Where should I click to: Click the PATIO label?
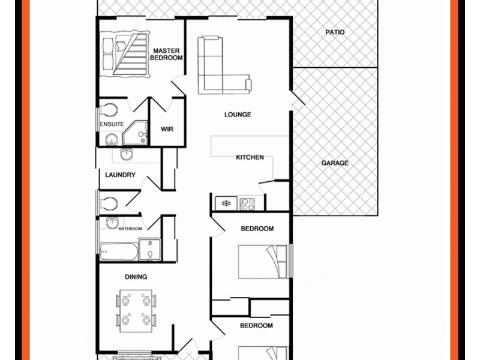pyautogui.click(x=335, y=32)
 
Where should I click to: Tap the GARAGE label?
pyautogui.click(x=334, y=163)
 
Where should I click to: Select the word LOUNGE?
pyautogui.click(x=238, y=115)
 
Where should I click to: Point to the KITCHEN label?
pyautogui.click(x=250, y=157)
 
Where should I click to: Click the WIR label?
pyautogui.click(x=167, y=128)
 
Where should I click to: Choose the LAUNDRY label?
pyautogui.click(x=120, y=175)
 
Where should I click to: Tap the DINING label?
pyautogui.click(x=137, y=277)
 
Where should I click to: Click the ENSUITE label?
pyautogui.click(x=112, y=124)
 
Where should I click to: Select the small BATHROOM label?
pyautogui.click(x=130, y=229)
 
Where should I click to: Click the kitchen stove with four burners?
pyautogui.click(x=248, y=203)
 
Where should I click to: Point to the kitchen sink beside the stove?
pyautogui.click(x=227, y=203)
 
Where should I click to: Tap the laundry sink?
pyautogui.click(x=127, y=155)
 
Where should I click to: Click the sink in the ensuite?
pyautogui.click(x=112, y=139)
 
